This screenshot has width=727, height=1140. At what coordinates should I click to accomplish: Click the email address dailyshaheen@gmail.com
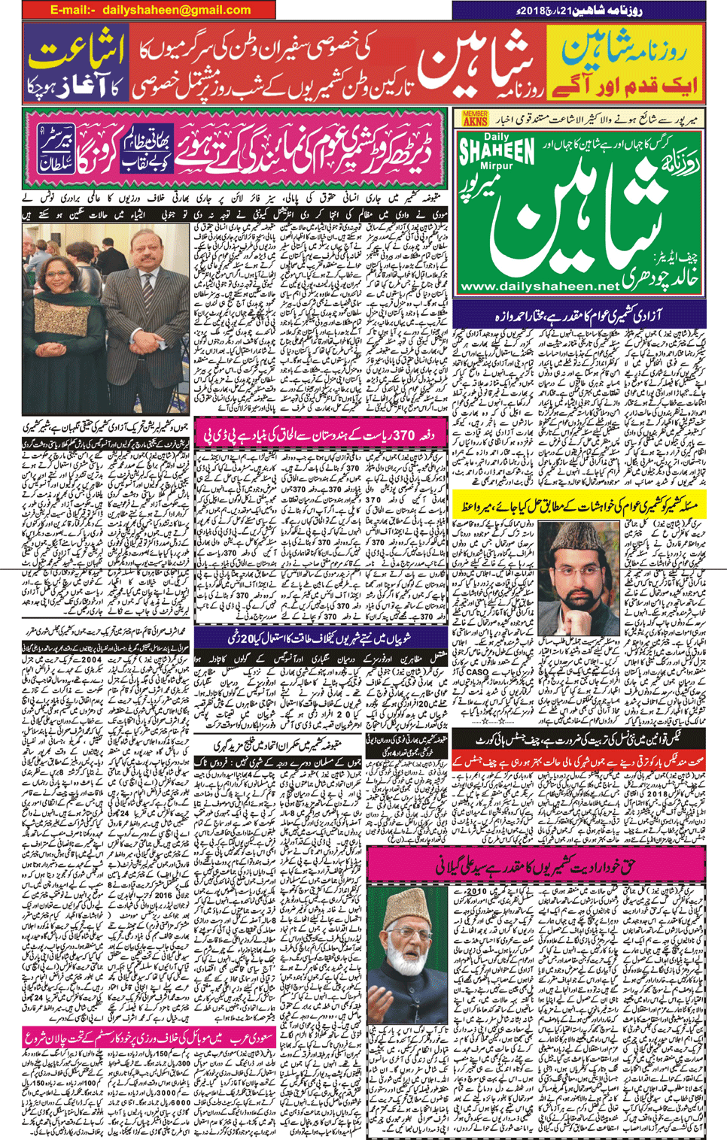[x=150, y=10]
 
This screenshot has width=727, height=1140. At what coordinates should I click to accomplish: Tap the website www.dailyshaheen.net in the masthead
[x=539, y=287]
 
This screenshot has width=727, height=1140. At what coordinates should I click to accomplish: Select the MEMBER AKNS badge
[x=475, y=118]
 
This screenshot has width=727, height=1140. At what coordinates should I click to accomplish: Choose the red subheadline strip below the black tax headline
[x=579, y=759]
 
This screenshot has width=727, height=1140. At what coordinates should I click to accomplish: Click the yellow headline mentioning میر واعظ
[x=579, y=507]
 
